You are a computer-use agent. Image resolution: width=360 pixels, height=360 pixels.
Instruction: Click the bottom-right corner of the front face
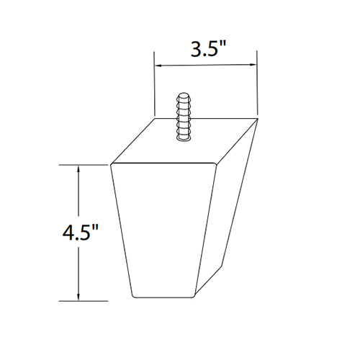[x=196, y=297]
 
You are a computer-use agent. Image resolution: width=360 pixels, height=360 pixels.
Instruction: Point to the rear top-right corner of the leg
[x=257, y=116]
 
